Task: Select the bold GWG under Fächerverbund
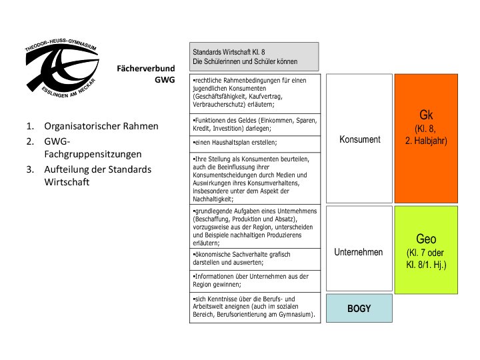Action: pyautogui.click(x=163, y=80)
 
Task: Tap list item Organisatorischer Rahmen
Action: pyautogui.click(x=101, y=126)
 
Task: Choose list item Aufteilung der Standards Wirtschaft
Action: pyautogui.click(x=97, y=175)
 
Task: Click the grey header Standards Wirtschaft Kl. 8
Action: pyautogui.click(x=254, y=56)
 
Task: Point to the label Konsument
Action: pyautogui.click(x=359, y=139)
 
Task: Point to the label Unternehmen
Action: pyautogui.click(x=359, y=252)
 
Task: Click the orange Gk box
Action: pyautogui.click(x=426, y=137)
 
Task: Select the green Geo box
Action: pyautogui.click(x=426, y=249)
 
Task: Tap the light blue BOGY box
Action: pyautogui.click(x=359, y=309)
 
